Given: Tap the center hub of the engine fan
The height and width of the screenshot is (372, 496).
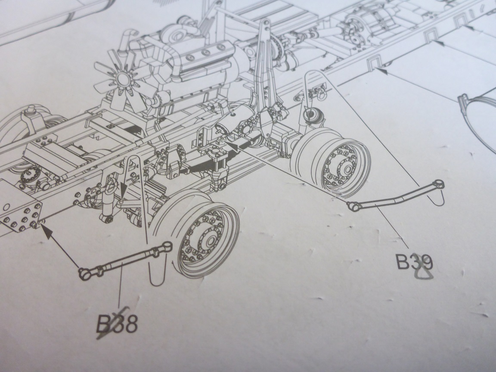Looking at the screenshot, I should [x=124, y=80].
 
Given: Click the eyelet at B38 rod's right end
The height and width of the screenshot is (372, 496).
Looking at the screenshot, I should [x=166, y=246].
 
